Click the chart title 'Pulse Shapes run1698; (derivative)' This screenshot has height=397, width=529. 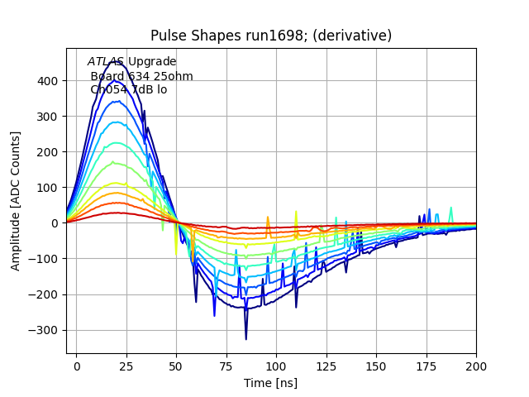click(271, 36)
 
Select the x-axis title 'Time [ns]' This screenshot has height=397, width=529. click(271, 383)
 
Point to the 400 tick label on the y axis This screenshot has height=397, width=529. click(48, 81)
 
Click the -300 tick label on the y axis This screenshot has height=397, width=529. click(45, 330)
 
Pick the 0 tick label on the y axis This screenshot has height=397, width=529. click(55, 223)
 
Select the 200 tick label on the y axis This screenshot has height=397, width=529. click(48, 152)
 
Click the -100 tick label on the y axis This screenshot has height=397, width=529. click(45, 259)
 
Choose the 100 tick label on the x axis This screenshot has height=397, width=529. click(276, 365)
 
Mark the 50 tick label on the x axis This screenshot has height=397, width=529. click(176, 365)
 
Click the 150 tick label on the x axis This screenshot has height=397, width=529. click(376, 365)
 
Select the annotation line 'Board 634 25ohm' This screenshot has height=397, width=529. click(141, 76)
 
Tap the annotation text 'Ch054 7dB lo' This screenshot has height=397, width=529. click(128, 89)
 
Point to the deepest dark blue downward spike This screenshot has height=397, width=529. click(245, 338)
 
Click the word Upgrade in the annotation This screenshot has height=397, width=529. click(152, 62)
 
